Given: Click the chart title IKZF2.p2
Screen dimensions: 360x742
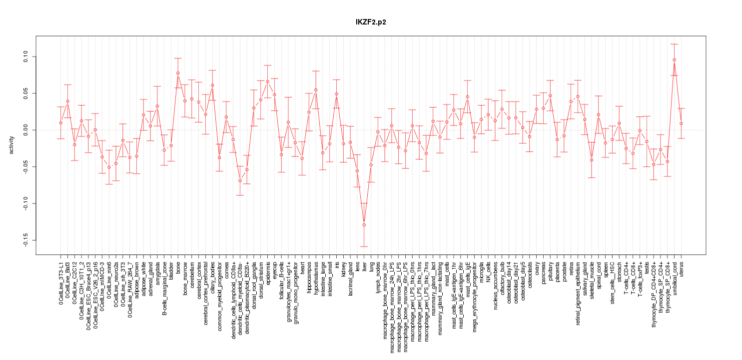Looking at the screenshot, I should [x=371, y=22].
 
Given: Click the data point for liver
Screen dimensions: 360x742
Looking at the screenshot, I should [x=364, y=225].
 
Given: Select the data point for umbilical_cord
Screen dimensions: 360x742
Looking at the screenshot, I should [x=674, y=60].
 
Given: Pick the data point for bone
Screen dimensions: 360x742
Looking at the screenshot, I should [x=178, y=73].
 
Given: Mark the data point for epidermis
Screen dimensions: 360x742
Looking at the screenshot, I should [x=267, y=81].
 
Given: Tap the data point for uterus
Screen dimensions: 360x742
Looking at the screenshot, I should [x=681, y=123].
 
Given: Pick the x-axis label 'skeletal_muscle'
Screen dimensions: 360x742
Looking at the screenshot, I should [x=592, y=280].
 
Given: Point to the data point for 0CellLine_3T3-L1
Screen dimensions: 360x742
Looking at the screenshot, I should [x=61, y=122].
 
